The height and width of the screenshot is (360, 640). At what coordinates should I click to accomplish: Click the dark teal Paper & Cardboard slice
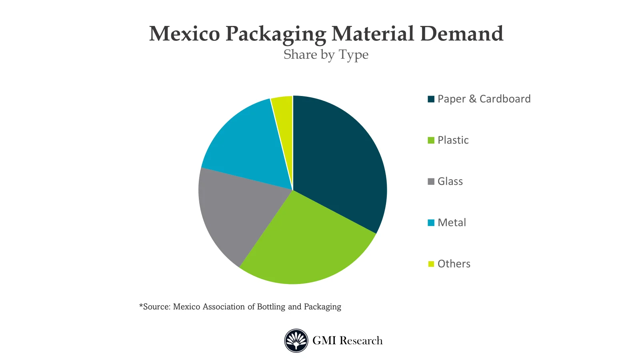(x=340, y=160)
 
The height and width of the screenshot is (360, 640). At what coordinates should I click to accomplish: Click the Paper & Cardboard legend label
(x=484, y=99)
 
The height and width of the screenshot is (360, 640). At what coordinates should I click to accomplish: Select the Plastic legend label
(x=453, y=140)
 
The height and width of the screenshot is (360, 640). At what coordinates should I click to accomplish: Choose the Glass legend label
(x=450, y=181)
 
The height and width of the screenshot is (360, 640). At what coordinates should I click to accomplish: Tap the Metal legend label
(x=452, y=222)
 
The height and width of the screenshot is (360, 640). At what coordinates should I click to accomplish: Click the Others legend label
(x=454, y=264)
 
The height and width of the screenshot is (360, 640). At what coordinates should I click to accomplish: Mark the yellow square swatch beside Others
(x=431, y=264)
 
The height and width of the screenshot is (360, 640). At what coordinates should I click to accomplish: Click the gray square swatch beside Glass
(x=431, y=182)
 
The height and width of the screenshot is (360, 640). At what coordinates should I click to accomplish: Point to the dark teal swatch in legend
(x=431, y=99)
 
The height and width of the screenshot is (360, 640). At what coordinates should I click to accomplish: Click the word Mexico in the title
(x=184, y=34)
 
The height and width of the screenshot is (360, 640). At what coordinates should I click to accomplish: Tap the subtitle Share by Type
(x=326, y=54)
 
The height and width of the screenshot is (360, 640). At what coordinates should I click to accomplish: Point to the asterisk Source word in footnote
(x=155, y=307)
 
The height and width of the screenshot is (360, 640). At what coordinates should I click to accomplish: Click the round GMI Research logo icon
(x=296, y=340)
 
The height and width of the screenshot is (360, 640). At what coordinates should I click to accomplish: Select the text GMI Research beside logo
(x=347, y=340)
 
